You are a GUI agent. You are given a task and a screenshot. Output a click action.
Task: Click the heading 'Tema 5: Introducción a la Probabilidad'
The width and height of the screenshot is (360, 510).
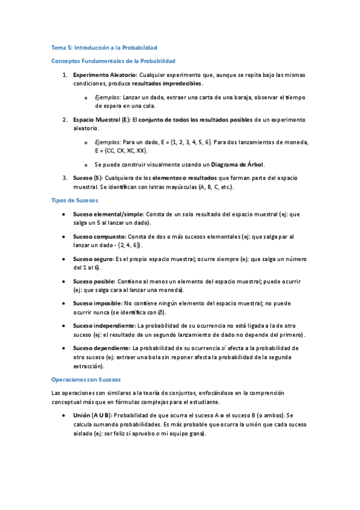coord(104,47)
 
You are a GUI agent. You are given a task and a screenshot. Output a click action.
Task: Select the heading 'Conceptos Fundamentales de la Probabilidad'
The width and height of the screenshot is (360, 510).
coord(114,61)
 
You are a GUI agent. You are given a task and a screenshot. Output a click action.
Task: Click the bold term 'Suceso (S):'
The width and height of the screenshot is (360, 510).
coord(88,179)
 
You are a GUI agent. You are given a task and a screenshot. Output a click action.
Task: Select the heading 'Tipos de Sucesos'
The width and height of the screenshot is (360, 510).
coord(75,200)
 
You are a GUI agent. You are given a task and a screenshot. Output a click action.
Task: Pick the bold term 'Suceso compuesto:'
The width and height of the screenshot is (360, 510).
coord(99,236)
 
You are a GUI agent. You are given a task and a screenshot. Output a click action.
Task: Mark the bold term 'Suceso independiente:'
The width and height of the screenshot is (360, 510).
coord(104,325)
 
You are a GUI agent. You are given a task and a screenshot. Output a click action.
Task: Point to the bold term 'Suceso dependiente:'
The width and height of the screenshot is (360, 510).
coord(102,348)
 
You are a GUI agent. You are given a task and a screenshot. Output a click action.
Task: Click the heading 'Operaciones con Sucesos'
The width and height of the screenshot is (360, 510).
coord(86,379)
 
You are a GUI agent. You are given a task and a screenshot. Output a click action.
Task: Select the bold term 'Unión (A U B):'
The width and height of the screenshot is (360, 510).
coord(92,415)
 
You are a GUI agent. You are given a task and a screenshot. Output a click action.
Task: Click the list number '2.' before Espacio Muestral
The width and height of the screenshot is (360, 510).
coord(65,120)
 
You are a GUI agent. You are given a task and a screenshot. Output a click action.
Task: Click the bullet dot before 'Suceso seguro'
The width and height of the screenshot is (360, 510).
coord(64,259)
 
